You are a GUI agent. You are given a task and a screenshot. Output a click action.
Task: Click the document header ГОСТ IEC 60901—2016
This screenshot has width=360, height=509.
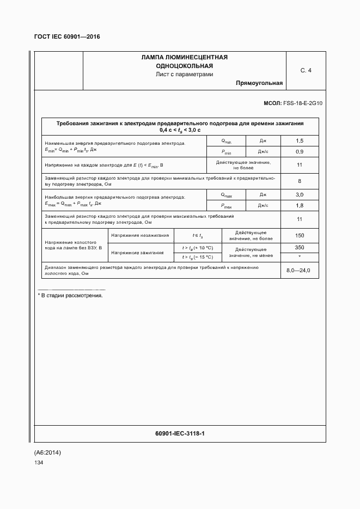coord(67,36)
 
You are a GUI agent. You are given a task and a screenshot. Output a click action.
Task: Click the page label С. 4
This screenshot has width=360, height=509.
coord(306,70)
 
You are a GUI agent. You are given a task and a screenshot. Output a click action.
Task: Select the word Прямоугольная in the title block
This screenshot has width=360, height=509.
coord(259,83)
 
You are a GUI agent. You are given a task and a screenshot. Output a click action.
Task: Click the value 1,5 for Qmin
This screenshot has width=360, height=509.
coord(299,140)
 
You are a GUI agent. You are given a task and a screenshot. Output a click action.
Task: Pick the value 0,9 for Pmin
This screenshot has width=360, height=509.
coord(299,151)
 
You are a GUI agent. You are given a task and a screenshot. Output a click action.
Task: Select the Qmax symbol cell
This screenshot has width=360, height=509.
coord(226,195)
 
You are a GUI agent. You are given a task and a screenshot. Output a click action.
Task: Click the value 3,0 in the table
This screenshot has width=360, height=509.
coord(299,195)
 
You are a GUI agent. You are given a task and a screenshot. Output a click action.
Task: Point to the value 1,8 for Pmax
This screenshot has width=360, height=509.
coord(299,206)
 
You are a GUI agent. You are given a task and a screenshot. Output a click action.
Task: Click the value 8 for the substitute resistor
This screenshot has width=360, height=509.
coord(299,181)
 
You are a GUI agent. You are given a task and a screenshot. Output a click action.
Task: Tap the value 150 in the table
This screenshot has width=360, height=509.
coord(299,236)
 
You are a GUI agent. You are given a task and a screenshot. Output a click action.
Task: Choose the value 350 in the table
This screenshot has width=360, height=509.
coord(299,247)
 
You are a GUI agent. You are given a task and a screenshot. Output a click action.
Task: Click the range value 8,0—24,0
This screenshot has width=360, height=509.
coord(298,271)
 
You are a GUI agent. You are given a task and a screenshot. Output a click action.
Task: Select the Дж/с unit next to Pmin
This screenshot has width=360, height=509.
coord(263,151)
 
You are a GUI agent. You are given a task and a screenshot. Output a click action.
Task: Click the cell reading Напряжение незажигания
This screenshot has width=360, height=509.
coord(140,236)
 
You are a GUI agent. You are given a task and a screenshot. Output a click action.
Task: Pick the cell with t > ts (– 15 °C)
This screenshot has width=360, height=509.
coord(198,257)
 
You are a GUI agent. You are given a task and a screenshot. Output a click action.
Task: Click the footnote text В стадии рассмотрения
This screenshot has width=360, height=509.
coord(71,295)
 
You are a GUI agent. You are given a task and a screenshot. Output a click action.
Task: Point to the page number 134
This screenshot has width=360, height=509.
coord(39,462)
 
